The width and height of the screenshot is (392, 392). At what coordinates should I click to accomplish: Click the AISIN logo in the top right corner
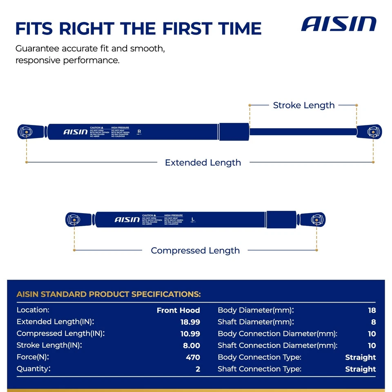click(x=339, y=24)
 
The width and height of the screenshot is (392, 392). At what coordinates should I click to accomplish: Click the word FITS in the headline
click(x=34, y=29)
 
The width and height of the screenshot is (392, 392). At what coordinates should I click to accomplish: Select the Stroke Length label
click(x=304, y=105)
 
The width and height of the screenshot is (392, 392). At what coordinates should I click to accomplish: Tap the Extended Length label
click(x=203, y=163)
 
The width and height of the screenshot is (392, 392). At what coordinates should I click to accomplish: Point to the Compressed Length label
click(x=195, y=250)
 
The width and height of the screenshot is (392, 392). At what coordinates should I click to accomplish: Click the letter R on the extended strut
click(x=139, y=131)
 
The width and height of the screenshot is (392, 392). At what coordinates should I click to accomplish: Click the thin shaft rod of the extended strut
click(x=302, y=131)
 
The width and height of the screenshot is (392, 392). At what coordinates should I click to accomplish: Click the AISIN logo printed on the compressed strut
click(x=127, y=220)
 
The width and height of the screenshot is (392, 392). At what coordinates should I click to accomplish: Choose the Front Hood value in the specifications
click(x=178, y=310)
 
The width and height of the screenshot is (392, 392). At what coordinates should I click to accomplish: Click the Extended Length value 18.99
click(x=190, y=322)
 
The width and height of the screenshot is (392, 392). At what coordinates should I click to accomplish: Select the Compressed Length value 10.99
click(x=190, y=334)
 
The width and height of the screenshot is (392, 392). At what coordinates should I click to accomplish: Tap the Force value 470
click(x=193, y=357)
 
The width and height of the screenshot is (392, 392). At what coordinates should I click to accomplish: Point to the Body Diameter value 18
click(x=372, y=310)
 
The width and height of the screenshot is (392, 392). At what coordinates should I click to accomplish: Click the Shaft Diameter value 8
click(x=373, y=322)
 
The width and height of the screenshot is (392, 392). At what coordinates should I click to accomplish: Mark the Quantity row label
click(x=34, y=369)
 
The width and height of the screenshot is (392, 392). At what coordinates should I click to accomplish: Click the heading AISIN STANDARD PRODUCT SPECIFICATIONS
click(x=109, y=294)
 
